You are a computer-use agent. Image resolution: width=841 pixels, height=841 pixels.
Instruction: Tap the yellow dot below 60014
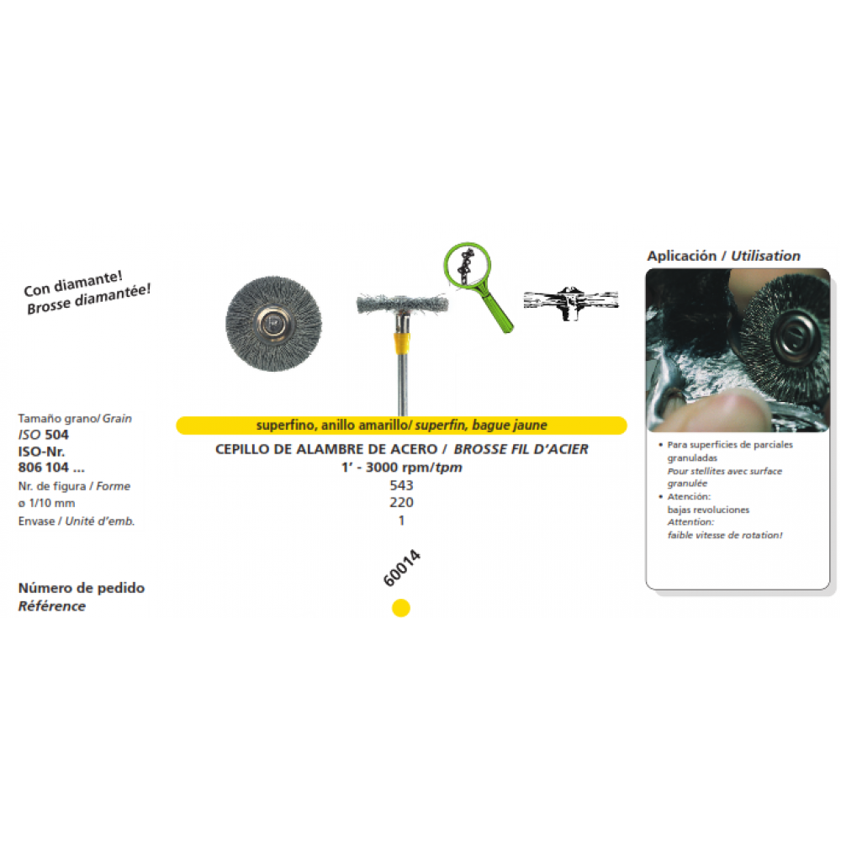(x=401, y=607)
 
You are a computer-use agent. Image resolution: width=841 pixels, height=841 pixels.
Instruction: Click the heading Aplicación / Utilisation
(x=723, y=256)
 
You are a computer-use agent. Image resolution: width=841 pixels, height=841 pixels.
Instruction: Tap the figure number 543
(x=401, y=485)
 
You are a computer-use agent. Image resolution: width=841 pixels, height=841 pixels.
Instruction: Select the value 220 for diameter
(x=401, y=502)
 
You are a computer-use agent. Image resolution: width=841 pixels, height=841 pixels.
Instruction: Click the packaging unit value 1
(x=401, y=520)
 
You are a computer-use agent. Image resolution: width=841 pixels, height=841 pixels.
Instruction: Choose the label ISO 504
(x=44, y=435)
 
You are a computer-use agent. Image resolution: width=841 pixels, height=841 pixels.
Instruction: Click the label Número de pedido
(x=81, y=587)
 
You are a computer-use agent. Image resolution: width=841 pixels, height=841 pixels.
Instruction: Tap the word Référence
(x=52, y=606)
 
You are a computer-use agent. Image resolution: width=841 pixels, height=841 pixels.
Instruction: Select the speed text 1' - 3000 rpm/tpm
(x=401, y=467)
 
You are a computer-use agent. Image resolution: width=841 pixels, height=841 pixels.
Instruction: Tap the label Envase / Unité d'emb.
(x=76, y=521)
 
